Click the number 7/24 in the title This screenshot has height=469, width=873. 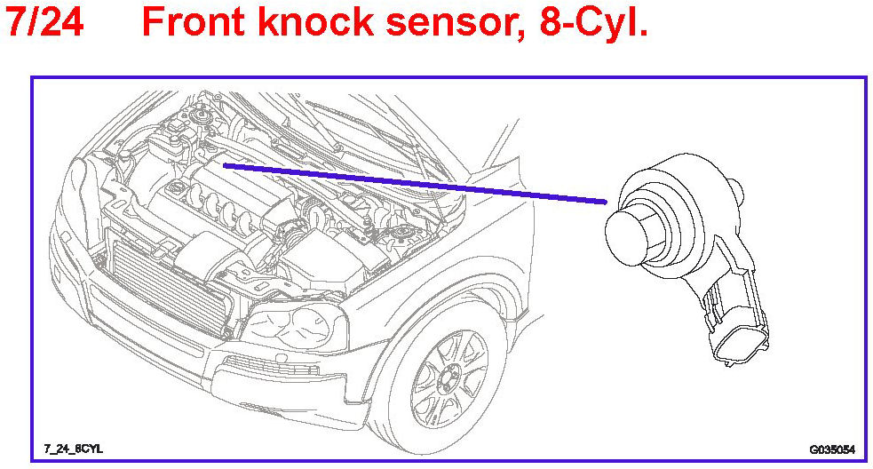(44, 22)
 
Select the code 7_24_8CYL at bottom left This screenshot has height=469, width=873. (73, 449)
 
